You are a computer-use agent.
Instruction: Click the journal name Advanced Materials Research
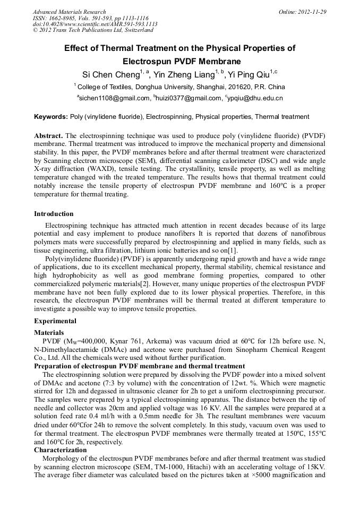pyautogui.click(x=69, y=12)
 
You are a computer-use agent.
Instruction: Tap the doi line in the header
pyautogui.click(x=95, y=24)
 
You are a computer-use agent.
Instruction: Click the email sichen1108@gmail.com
pyautogui.click(x=114, y=98)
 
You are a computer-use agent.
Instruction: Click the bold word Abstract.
pyautogui.click(x=49, y=136)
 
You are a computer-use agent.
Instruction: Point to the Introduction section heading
pyautogui.click(x=54, y=214)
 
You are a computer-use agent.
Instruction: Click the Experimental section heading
pyautogui.click(x=55, y=321)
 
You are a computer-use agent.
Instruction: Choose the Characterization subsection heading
pyautogui.click(x=60, y=450)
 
